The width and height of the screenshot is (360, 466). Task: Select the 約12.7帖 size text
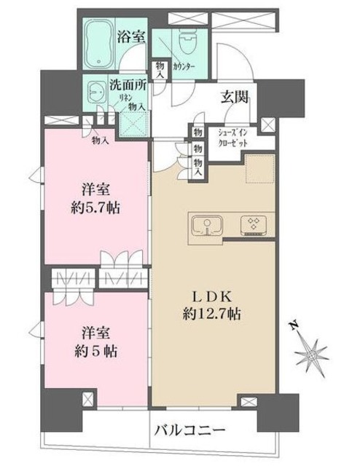coord(212,315)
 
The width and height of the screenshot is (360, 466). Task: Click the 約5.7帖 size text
coord(96,208)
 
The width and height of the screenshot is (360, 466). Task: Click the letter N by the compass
coord(291,325)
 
